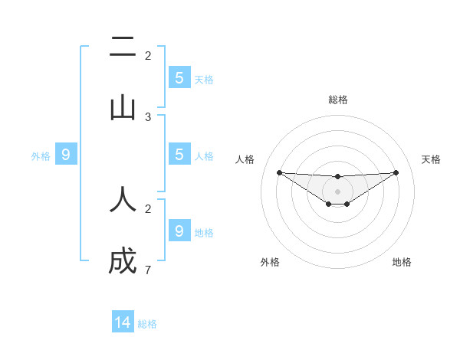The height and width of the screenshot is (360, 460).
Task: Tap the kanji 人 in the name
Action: pos(123,199)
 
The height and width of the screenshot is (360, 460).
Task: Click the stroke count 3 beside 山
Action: pos(148,117)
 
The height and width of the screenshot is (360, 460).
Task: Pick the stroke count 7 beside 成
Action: pos(148,270)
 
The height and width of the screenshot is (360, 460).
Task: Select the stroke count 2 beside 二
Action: pos(148,55)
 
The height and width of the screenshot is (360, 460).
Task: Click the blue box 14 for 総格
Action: pos(123,322)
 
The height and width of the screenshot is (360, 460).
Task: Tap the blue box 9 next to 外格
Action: pos(66,155)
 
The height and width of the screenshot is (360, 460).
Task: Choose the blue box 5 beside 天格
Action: pos(179,78)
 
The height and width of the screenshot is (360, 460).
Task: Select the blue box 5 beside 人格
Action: pos(179,155)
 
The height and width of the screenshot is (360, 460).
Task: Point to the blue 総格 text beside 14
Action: pos(147,324)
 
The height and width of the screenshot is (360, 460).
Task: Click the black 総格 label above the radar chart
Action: pos(337,100)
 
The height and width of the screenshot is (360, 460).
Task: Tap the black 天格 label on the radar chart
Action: pos(431,159)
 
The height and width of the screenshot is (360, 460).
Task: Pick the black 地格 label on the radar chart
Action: pos(402,262)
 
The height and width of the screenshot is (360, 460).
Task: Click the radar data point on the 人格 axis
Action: pos(279,172)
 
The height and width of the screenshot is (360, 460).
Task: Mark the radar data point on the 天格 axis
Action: pos(396,172)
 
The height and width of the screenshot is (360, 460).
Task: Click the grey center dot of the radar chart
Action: pos(337,191)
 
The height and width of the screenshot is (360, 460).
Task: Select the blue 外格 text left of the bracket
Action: pos(41,156)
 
